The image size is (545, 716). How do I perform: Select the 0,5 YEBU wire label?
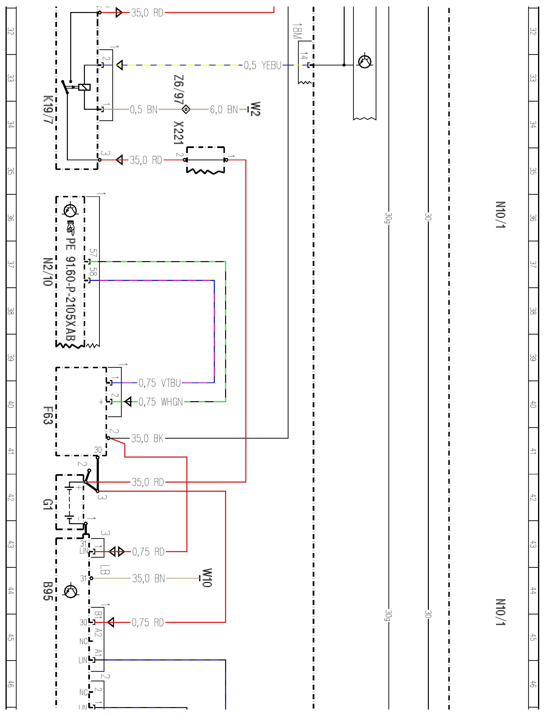pos(262,65)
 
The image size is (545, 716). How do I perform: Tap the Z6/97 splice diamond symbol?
pos(186,109)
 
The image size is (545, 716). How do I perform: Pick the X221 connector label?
pos(178,133)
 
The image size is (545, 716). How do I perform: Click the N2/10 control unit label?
pos(47,272)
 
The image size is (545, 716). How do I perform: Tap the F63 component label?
pos(48,415)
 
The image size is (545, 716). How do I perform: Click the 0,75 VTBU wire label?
pos(160,383)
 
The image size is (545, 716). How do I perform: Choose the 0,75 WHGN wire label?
pos(161,402)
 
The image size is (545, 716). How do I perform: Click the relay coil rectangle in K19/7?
pos(84,87)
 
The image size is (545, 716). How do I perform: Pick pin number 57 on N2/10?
pos(93,253)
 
